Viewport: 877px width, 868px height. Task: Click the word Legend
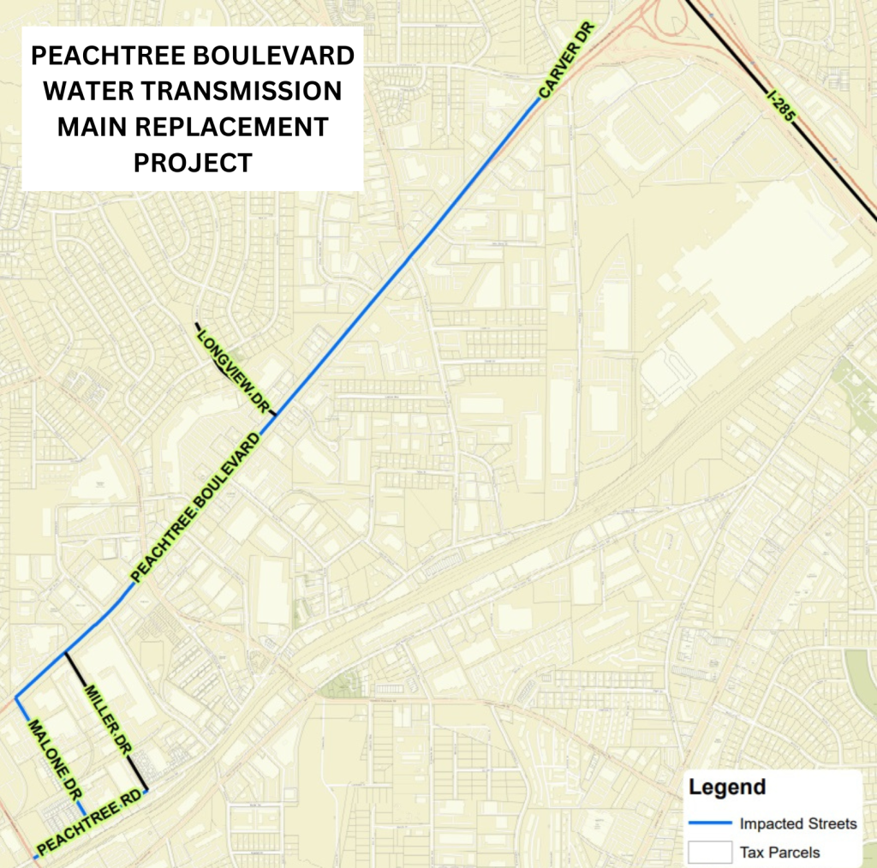pyautogui.click(x=727, y=787)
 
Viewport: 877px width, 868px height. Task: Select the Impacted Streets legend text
pyautogui.click(x=798, y=823)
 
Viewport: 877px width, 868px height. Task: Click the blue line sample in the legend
pyautogui.click(x=710, y=824)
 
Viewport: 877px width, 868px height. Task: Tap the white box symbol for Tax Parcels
pyautogui.click(x=710, y=852)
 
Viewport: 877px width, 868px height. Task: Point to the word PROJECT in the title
pyautogui.click(x=193, y=163)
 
